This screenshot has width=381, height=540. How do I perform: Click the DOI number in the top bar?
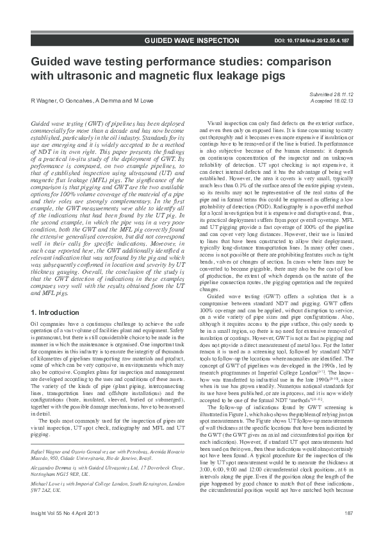point(311,40)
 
